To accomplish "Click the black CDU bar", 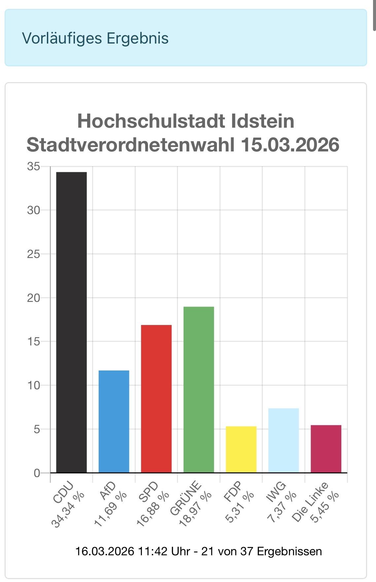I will click(x=71, y=322).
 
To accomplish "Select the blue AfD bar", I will click(x=114, y=421).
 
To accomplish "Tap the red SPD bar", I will click(x=156, y=399).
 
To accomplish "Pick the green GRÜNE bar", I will click(x=199, y=389).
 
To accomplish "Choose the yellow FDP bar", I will click(x=241, y=449).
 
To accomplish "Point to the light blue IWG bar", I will click(x=284, y=440).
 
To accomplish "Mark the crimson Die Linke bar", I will click(x=326, y=449).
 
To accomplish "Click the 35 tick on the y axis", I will click(x=33, y=167).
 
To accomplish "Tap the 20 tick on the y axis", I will click(x=33, y=298).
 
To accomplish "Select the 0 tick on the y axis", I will click(x=37, y=473).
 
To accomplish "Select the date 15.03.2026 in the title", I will click(x=290, y=145).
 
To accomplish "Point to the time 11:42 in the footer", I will click(x=151, y=551).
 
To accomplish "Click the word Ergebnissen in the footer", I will click(x=289, y=551).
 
